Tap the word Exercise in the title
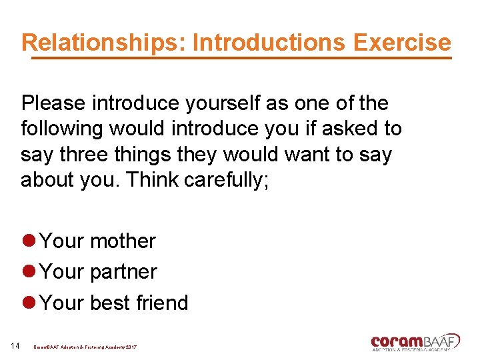point(402,43)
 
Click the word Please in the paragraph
point(53,103)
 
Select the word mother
point(123,241)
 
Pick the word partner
point(123,272)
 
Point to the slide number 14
point(15,345)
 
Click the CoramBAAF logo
point(415,341)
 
